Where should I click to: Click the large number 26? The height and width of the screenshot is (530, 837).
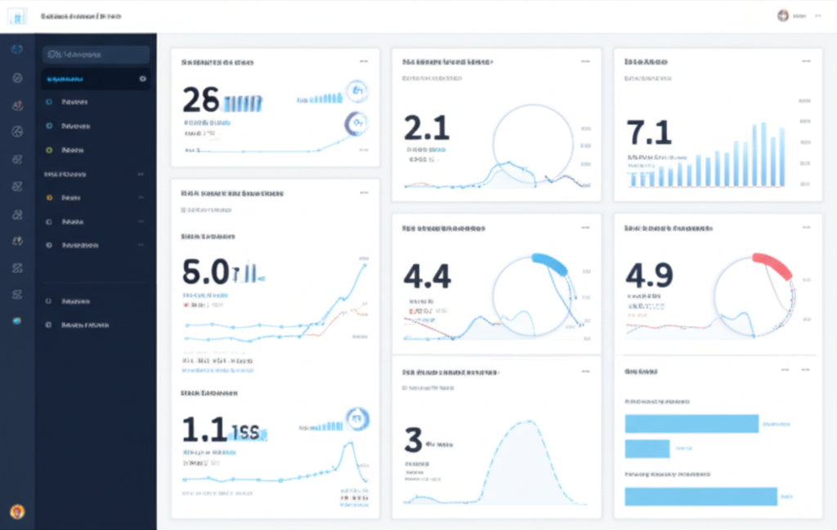coord(201,100)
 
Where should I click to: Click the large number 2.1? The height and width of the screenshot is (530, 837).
coord(427,129)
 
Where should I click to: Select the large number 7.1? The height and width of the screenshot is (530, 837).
coord(649,132)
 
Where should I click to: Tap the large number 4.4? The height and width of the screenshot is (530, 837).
coord(427,276)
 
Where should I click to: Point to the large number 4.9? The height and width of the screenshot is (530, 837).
coord(649,276)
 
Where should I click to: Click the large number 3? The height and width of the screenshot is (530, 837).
coord(413,440)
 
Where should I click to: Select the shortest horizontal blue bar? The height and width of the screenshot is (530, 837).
coord(647,448)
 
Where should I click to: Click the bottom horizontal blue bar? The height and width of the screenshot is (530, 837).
coord(700,496)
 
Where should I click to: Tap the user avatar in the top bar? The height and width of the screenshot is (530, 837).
coord(783,16)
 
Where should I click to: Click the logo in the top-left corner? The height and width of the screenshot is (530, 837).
coord(17,16)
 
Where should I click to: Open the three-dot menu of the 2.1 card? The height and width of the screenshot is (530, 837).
coord(585,61)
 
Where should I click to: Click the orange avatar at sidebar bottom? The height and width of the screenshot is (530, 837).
coord(17,511)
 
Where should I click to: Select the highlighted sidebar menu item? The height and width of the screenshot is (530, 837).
coord(96,79)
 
